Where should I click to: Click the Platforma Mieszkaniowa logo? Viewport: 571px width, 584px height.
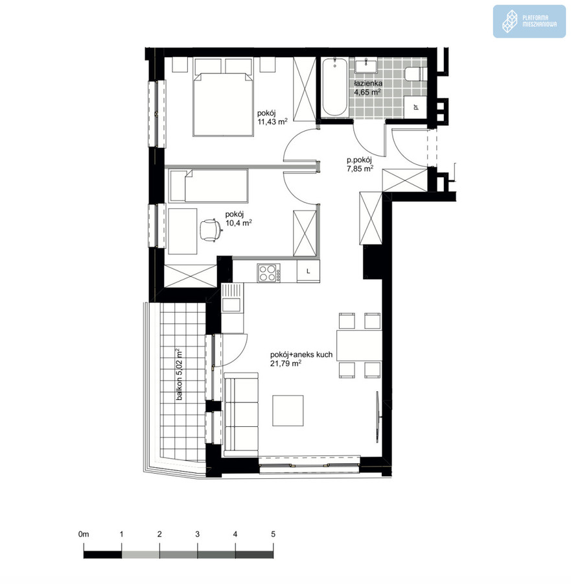click(529, 21)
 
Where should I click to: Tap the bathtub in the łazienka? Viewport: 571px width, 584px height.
click(335, 86)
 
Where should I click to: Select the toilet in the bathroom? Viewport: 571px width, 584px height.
click(415, 74)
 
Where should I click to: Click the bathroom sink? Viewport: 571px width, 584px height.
click(366, 66)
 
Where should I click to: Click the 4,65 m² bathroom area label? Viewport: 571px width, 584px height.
click(367, 92)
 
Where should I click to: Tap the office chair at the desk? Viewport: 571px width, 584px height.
click(210, 230)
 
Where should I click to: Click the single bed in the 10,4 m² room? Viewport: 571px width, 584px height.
click(208, 186)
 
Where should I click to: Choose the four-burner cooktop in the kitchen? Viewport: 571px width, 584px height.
click(268, 273)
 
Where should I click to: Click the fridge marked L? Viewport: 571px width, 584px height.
click(308, 271)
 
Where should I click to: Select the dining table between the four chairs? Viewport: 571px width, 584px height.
click(359, 345)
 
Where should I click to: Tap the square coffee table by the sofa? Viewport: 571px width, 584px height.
click(288, 411)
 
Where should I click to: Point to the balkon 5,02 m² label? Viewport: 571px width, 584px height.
click(180, 374)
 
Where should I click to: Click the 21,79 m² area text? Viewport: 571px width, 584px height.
click(286, 363)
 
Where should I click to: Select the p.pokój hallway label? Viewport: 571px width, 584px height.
click(359, 160)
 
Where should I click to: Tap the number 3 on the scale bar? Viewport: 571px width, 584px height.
click(197, 534)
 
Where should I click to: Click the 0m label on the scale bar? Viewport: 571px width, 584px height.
click(84, 534)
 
